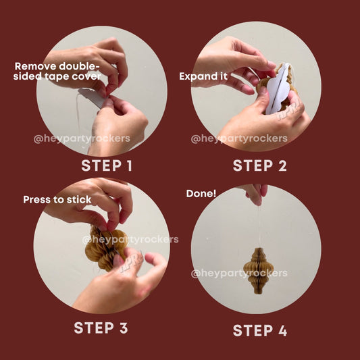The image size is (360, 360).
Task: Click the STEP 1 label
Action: click(x=107, y=165)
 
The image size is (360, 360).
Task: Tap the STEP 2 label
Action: click(x=260, y=165)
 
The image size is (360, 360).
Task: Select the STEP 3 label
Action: click(x=101, y=328)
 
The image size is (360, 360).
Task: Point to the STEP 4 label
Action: click(x=260, y=330)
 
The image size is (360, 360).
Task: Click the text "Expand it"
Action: click(x=203, y=76)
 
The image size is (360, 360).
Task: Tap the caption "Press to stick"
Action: click(x=57, y=199)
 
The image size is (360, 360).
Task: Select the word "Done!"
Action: click(x=201, y=194)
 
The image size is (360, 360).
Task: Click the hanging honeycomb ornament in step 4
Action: click(x=258, y=271)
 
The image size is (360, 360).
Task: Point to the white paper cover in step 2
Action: click(x=278, y=88)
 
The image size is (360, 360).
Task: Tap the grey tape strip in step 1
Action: click(x=93, y=97)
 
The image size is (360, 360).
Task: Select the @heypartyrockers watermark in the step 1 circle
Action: click(x=82, y=138)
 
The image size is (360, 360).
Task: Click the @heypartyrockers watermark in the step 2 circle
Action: click(x=239, y=138)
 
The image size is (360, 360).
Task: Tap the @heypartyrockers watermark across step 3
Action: click(x=130, y=240)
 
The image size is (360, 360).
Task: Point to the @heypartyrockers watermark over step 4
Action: click(x=239, y=274)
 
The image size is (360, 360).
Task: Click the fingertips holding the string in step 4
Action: click(x=255, y=195)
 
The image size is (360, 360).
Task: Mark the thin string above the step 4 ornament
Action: click(x=259, y=227)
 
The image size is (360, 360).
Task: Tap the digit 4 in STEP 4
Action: click(x=282, y=330)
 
